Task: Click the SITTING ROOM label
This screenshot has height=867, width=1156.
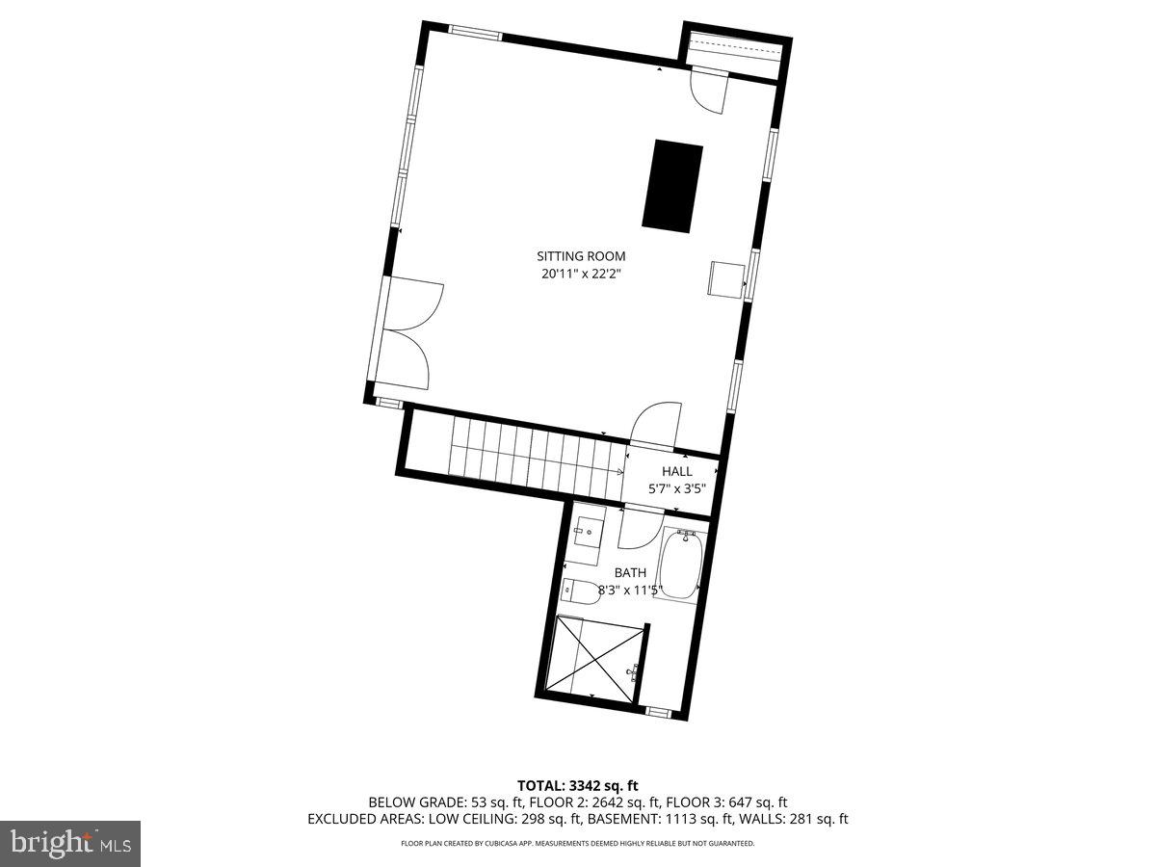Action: (x=581, y=256)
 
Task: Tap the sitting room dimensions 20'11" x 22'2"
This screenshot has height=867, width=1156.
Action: (x=581, y=274)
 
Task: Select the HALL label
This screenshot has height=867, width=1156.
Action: (x=676, y=471)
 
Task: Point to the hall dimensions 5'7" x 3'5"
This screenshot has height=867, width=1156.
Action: (x=676, y=488)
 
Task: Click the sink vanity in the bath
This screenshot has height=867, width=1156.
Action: (x=587, y=536)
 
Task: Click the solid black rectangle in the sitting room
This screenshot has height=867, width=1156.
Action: (x=672, y=186)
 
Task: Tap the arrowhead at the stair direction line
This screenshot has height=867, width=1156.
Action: (x=619, y=472)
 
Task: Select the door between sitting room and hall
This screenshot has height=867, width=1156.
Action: (x=656, y=425)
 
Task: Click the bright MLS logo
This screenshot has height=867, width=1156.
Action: (x=70, y=843)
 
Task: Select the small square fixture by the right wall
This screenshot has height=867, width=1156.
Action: (x=726, y=278)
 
